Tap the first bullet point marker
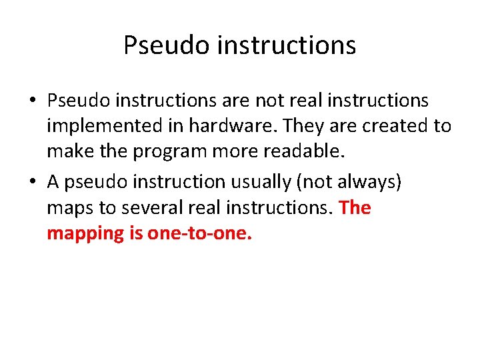[x=32, y=101]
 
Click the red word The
[x=355, y=208]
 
